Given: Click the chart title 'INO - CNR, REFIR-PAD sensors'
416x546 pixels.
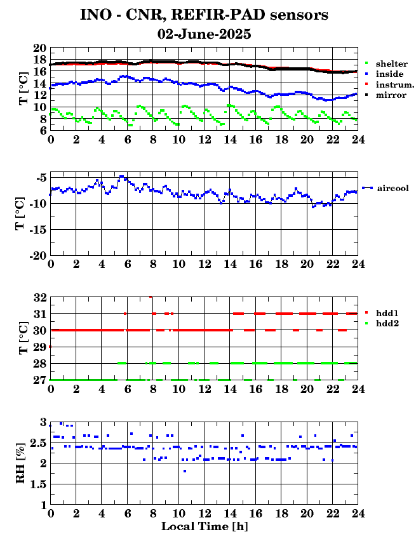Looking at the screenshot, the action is [204, 15].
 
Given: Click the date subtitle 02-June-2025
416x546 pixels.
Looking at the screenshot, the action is [204, 34].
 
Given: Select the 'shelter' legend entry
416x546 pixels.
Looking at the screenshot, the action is [386, 63].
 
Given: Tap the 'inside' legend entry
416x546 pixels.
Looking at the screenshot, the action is [384, 74].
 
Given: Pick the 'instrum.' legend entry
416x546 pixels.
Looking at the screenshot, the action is [389, 84].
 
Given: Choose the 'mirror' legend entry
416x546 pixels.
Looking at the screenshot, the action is [386, 95].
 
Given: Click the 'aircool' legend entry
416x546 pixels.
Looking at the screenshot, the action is [386, 188].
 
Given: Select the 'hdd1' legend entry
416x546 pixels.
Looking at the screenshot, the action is [382, 313].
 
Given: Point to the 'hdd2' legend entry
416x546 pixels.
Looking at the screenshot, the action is [382, 324].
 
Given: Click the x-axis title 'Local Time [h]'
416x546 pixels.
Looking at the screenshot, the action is [205, 526].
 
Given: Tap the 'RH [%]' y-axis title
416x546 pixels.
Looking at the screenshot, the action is [20, 463].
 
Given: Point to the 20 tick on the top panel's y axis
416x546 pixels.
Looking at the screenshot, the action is [40, 48].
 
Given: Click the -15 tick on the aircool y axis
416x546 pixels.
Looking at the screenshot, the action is [37, 229].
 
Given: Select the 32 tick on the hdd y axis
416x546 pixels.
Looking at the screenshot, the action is [40, 297].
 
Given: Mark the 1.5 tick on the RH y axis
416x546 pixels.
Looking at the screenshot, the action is [38, 484].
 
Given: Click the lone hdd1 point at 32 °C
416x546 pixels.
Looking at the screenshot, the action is [151, 297].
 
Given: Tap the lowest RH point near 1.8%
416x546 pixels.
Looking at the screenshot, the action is [185, 471].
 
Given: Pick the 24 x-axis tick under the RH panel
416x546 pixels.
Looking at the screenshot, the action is [358, 513].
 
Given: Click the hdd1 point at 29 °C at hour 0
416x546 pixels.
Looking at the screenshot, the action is [50, 347].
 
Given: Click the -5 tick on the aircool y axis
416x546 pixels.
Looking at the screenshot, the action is [41, 178].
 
